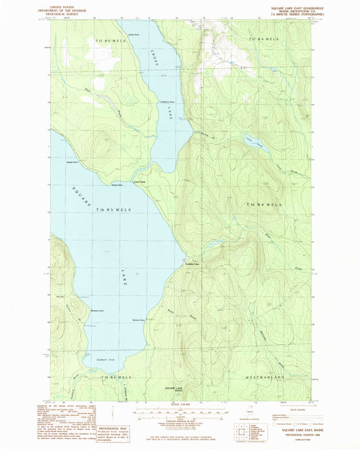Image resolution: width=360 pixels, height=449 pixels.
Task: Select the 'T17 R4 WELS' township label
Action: [264, 40]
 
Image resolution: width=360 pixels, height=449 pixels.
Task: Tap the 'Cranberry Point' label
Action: [168, 103]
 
